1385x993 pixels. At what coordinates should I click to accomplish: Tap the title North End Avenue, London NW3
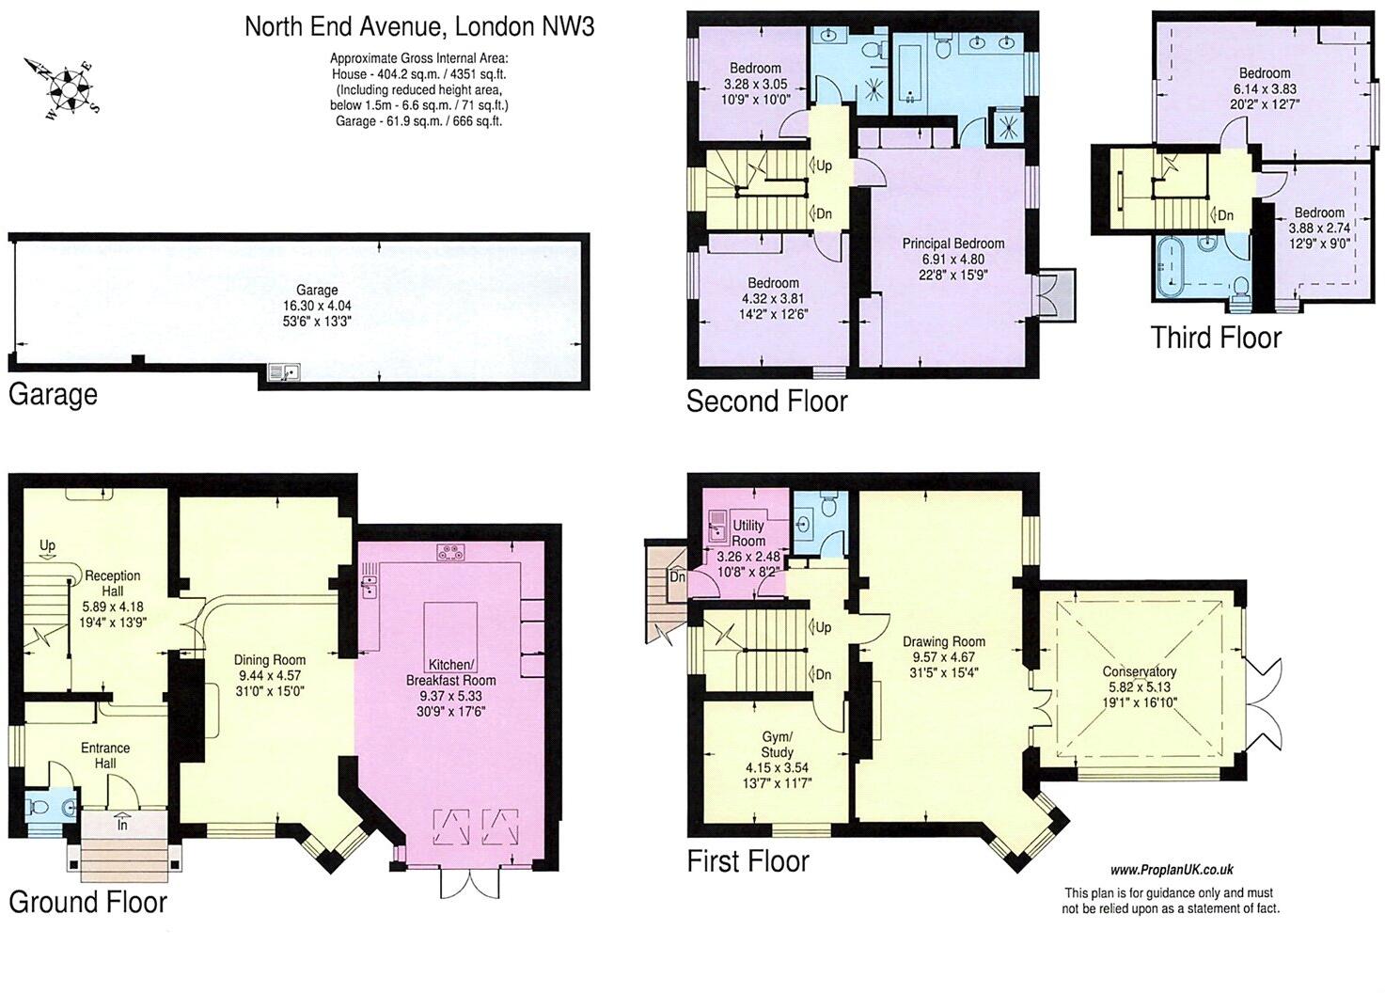click(x=419, y=25)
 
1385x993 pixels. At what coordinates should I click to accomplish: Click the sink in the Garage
click(x=282, y=372)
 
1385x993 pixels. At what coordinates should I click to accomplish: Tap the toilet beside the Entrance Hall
click(x=42, y=807)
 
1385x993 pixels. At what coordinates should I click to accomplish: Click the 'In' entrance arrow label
click(x=123, y=824)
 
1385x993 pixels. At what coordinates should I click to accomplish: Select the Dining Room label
click(x=270, y=660)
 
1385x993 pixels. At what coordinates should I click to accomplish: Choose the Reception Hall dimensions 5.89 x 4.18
click(x=113, y=607)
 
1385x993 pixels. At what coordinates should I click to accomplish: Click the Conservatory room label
click(x=1140, y=671)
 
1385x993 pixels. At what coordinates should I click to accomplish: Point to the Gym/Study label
click(x=777, y=744)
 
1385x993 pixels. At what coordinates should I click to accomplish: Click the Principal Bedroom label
click(x=953, y=244)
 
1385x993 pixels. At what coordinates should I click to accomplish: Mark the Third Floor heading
click(x=1216, y=338)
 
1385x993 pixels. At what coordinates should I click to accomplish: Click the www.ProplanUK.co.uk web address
click(x=1172, y=871)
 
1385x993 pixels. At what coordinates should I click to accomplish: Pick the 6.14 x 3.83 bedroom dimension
click(x=1265, y=89)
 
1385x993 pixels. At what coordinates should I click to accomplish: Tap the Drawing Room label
click(x=949, y=642)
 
